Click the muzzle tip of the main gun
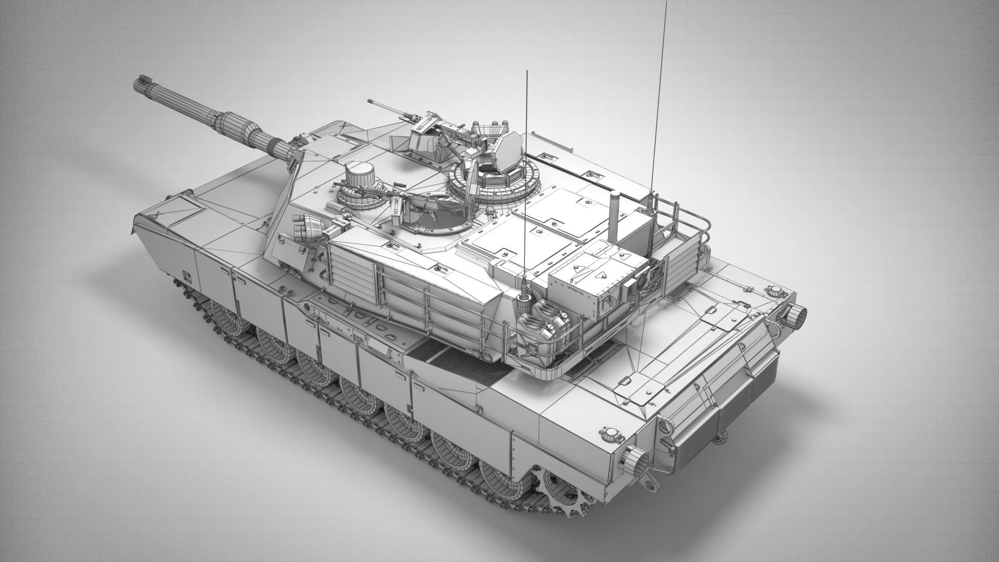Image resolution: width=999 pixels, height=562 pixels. [139, 82]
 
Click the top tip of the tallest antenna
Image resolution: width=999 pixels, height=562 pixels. [665, 2]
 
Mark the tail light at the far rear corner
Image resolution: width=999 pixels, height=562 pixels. [797, 313]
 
